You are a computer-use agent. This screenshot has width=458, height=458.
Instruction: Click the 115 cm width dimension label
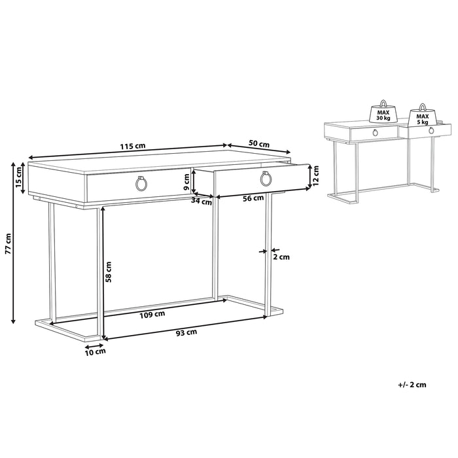click(x=133, y=147)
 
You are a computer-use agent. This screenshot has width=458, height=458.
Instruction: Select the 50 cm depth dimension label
click(x=260, y=144)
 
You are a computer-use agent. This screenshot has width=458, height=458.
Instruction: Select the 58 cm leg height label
click(x=109, y=272)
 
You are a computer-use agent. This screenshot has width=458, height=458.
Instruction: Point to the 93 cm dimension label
click(x=186, y=333)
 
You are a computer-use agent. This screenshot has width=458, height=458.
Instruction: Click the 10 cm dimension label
click(x=96, y=353)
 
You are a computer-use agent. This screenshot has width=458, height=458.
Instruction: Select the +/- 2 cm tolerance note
click(x=412, y=385)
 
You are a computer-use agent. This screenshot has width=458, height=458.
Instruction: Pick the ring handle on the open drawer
click(x=266, y=179)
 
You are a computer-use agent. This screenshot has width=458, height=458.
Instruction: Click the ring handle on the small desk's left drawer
click(x=375, y=133)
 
